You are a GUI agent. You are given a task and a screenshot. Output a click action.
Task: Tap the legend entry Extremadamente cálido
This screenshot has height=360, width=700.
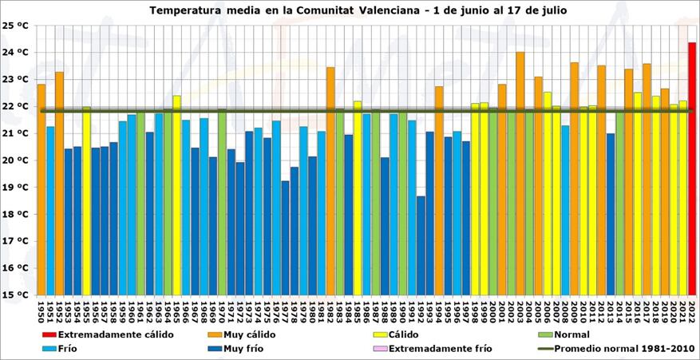[111, 334]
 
